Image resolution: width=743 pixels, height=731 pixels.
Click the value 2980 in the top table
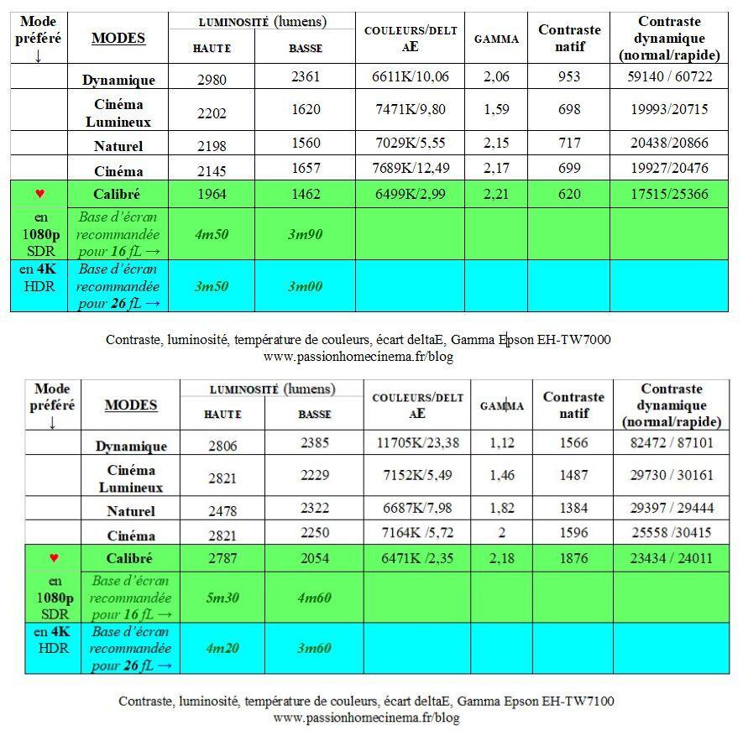pos(211,81)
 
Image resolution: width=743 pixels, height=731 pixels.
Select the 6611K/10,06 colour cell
pos(410,77)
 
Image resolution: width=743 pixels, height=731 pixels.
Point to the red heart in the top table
pos(39,194)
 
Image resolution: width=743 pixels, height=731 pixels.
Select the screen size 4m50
pos(212,235)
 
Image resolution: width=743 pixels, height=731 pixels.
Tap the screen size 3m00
pos(305,286)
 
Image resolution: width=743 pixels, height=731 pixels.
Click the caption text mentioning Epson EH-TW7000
pos(358,340)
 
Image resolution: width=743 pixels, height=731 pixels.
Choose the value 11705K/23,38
pos(416,443)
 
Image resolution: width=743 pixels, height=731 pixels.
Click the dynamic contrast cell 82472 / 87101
pos(672,443)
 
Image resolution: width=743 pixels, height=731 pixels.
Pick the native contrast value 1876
pos(573,558)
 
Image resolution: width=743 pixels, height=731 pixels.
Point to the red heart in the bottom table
pos(54,558)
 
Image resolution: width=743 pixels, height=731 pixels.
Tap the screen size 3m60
pos(314,648)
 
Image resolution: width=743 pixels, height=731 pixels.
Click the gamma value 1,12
pos(501,443)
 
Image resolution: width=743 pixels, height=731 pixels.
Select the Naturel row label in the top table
pos(118,146)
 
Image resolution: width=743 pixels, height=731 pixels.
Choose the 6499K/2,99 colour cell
pos(410,194)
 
